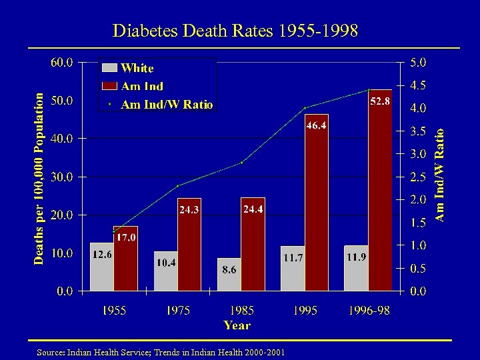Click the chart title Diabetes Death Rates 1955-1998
(235, 31)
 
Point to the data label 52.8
(380, 101)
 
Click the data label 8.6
(229, 269)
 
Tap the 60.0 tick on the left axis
(63, 62)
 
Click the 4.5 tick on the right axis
(418, 85)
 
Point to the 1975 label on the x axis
(177, 311)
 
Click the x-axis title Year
(237, 325)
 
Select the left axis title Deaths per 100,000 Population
(40, 177)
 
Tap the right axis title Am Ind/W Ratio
(440, 175)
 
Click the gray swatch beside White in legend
(109, 67)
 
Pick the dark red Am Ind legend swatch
(109, 85)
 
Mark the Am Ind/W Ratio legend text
(167, 104)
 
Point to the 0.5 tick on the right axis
(418, 268)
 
